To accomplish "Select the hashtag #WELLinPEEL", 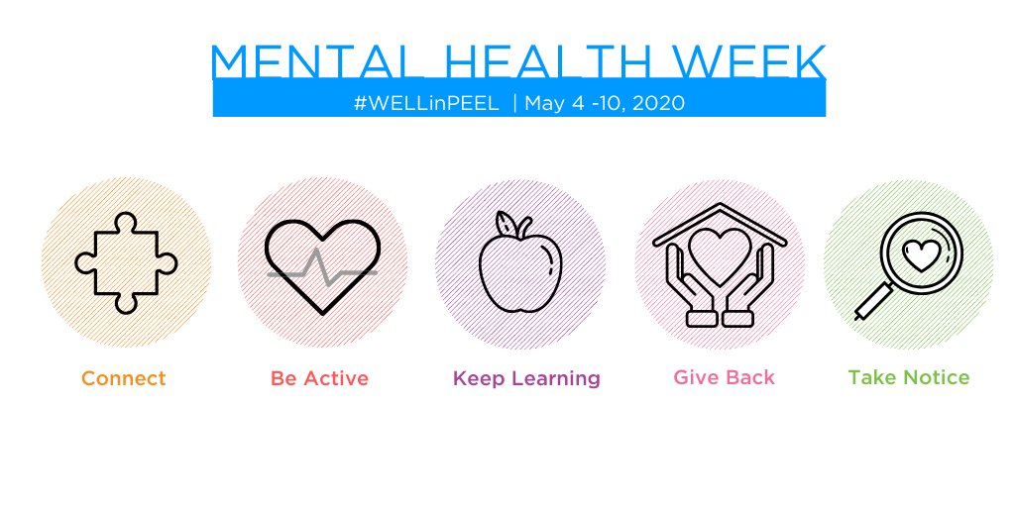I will [x=425, y=103].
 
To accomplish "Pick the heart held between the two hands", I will [x=720, y=254].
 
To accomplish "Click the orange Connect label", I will [x=124, y=378].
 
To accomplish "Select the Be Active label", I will [x=319, y=378].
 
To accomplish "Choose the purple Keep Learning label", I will [x=526, y=378].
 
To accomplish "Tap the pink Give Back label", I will [x=724, y=377].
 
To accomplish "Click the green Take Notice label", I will [x=909, y=377].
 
